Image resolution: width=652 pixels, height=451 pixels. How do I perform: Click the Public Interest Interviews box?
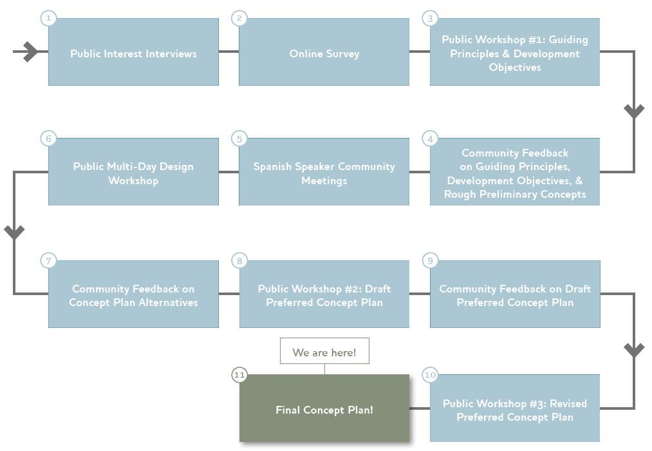[x=133, y=52]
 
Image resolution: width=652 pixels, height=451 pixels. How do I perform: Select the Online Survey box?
[x=324, y=52]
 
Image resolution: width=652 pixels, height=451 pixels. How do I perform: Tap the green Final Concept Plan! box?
[x=324, y=408]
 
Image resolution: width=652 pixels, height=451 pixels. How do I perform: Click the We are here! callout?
[x=324, y=352]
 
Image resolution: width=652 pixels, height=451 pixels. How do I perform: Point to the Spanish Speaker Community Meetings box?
[x=324, y=172]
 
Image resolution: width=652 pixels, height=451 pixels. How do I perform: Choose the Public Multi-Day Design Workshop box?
[x=133, y=172]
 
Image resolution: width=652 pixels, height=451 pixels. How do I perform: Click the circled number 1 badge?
[x=48, y=18]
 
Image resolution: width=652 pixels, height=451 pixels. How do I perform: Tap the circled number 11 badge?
[x=239, y=374]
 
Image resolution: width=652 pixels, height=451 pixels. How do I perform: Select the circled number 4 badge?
[x=430, y=139]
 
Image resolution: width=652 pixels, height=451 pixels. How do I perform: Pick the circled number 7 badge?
[x=48, y=260]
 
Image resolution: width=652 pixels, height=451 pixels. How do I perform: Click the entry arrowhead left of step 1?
[x=30, y=52]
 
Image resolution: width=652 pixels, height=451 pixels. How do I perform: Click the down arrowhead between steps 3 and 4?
[x=634, y=111]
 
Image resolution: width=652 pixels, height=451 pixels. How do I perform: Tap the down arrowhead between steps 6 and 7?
[x=14, y=232]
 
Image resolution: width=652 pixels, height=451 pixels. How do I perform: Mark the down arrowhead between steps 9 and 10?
[x=634, y=350]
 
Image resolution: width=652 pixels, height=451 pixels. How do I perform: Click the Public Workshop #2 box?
[x=324, y=294]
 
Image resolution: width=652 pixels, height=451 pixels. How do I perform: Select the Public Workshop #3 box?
[x=515, y=408]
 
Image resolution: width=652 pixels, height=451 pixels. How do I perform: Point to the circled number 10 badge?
[x=430, y=374]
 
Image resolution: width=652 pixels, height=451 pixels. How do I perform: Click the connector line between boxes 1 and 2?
[x=228, y=52]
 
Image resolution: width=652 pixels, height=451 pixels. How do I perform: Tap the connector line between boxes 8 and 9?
[x=419, y=294]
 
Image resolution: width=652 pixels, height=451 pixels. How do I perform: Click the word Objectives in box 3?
[x=515, y=68]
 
